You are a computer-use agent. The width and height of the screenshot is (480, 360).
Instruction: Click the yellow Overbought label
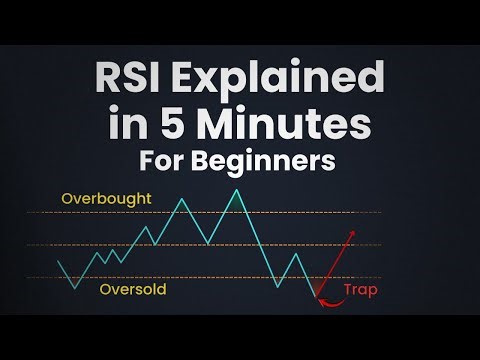[106, 199]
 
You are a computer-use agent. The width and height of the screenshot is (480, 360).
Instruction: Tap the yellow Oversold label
[132, 291]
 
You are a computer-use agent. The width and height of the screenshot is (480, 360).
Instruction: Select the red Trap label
[360, 291]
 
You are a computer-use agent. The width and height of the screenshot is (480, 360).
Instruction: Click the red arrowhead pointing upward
[351, 233]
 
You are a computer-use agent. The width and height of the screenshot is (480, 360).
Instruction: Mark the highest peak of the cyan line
[237, 189]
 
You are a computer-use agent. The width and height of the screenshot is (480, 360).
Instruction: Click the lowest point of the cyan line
[316, 298]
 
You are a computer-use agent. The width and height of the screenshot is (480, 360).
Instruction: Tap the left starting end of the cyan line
[59, 262]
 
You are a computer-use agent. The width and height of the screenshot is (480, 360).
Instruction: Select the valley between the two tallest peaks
[207, 243]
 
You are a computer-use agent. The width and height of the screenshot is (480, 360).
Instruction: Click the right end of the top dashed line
[380, 213]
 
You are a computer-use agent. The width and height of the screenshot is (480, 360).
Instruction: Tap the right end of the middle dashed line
[380, 245]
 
